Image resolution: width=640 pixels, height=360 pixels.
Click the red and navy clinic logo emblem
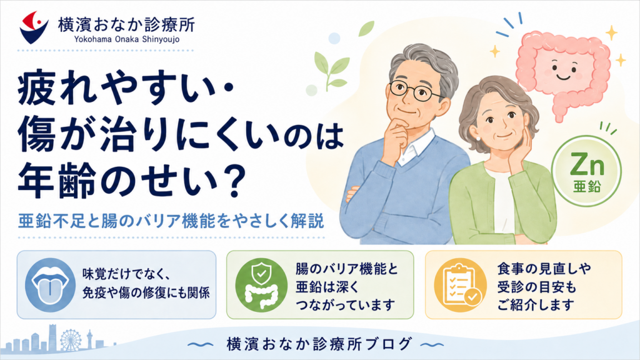34,27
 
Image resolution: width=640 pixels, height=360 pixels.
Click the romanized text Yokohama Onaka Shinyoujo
126,39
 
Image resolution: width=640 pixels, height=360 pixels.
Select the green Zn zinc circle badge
586,171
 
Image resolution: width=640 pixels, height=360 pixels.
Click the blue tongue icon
50,284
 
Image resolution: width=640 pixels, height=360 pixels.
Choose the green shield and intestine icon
261,285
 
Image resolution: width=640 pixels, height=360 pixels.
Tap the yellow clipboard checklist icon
460,285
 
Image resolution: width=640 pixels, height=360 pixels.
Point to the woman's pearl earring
479,139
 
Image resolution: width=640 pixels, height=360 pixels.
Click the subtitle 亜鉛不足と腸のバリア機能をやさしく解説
171,221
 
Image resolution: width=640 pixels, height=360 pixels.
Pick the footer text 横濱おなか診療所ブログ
319,344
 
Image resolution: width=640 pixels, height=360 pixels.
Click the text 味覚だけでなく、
126,274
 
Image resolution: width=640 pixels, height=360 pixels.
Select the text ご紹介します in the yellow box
536,305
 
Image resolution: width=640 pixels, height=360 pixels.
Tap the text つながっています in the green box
345,305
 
